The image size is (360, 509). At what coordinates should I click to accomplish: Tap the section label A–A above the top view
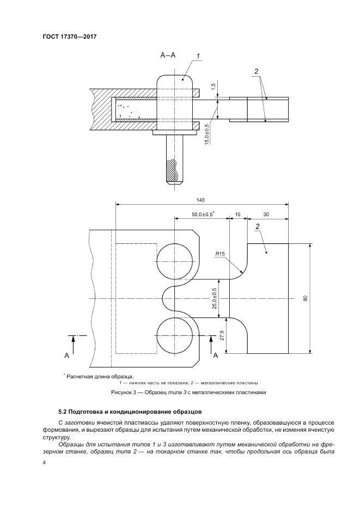tap(168, 55)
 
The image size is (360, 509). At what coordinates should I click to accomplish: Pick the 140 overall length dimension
tap(202, 200)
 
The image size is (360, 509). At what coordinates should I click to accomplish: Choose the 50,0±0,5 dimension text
tap(203, 214)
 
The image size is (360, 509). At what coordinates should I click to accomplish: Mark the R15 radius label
tap(220, 253)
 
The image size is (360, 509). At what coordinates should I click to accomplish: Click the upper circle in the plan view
tap(175, 261)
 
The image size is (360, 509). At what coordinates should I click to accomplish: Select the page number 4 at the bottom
tap(44, 463)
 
